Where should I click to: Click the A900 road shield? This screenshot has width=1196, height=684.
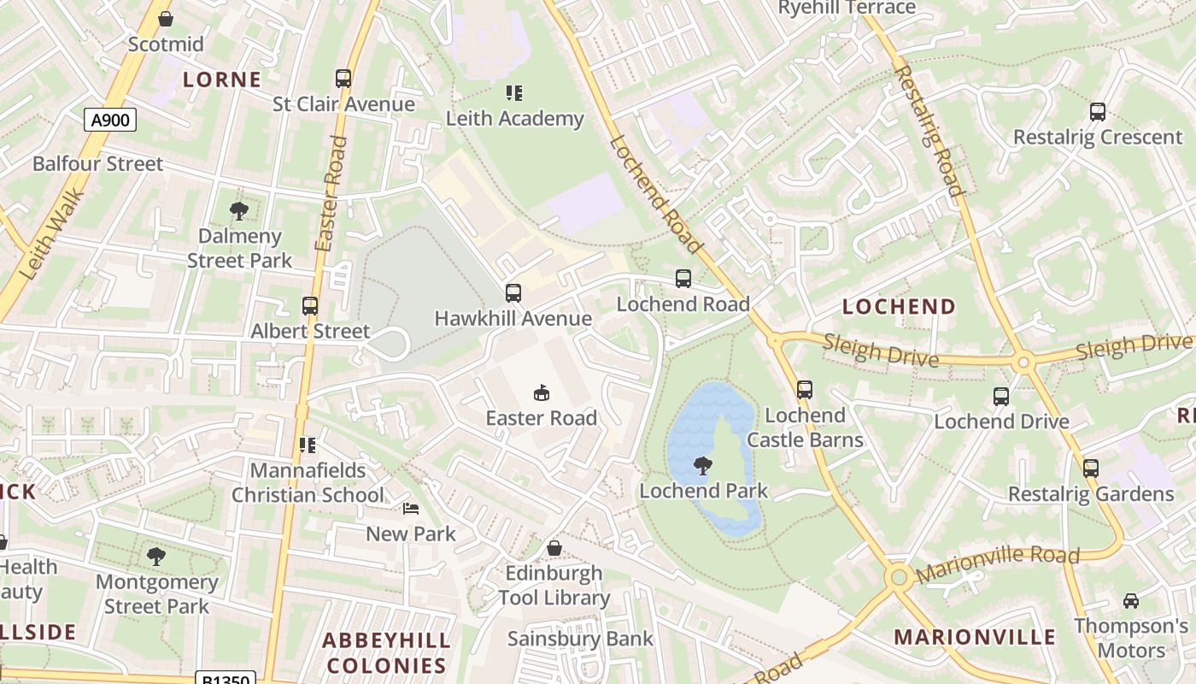coord(110,120)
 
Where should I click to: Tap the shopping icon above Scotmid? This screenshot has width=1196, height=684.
coord(166,18)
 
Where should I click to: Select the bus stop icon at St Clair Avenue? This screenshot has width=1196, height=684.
coord(343,79)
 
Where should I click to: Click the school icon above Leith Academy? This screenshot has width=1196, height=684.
coord(513,92)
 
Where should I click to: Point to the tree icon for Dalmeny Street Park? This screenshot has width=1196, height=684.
coord(239,210)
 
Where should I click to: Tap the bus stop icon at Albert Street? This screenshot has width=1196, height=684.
coord(310,306)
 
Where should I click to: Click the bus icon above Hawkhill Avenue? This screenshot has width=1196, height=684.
coord(513,293)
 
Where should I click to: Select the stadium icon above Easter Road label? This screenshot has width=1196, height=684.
coord(541,393)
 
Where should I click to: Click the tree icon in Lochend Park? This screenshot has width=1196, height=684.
coord(703,466)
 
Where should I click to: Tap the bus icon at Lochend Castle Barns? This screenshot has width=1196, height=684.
coord(804,390)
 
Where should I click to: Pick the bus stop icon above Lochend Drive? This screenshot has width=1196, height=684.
coord(1001,397)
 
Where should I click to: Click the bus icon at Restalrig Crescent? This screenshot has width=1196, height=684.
coord(1098,112)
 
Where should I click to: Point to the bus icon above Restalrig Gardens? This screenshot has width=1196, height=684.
coord(1091,469)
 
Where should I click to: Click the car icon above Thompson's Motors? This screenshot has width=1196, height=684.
coord(1131,601)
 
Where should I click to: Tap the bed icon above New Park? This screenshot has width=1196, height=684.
coord(411,509)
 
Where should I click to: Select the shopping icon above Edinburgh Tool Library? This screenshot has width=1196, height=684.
coord(554,548)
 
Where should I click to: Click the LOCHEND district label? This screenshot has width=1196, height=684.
coord(899,306)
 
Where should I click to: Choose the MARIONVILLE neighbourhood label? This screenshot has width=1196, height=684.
coord(975,637)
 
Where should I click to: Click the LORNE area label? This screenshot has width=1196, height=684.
coord(222,80)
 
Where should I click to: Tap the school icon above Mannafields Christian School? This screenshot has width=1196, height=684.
coord(308,445)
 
